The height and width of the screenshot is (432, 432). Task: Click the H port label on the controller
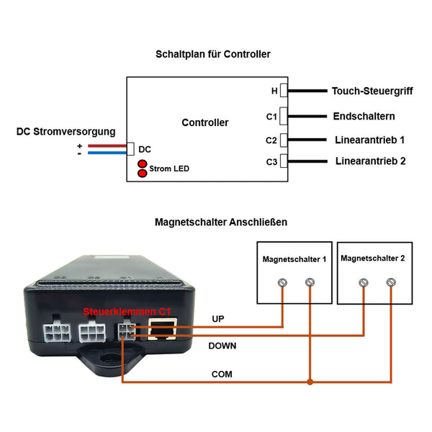(274, 91)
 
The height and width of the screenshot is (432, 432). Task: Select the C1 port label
(271, 117)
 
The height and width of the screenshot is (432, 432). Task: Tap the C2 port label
(271, 140)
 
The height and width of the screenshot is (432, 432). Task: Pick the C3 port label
(271, 162)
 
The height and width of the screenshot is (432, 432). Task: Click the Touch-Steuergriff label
(372, 91)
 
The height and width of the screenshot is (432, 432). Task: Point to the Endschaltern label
(364, 116)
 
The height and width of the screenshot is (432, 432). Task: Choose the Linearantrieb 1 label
(369, 140)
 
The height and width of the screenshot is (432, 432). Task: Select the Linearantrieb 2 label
(370, 161)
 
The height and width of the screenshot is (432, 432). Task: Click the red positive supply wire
(107, 145)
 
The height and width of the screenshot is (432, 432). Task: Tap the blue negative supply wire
(107, 153)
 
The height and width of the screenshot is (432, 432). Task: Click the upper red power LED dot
(142, 163)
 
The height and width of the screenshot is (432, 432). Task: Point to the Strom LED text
(169, 168)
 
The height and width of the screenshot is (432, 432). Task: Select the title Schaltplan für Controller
(213, 54)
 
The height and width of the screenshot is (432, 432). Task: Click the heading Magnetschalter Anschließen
(221, 222)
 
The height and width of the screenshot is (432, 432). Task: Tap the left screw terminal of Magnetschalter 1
(282, 283)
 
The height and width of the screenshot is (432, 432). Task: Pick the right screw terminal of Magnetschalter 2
(391, 282)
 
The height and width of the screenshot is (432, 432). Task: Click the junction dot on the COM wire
(310, 382)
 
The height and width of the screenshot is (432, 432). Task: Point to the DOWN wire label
(222, 346)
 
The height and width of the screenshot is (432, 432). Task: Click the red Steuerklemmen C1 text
(127, 312)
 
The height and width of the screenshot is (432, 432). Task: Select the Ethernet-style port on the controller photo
(163, 329)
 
